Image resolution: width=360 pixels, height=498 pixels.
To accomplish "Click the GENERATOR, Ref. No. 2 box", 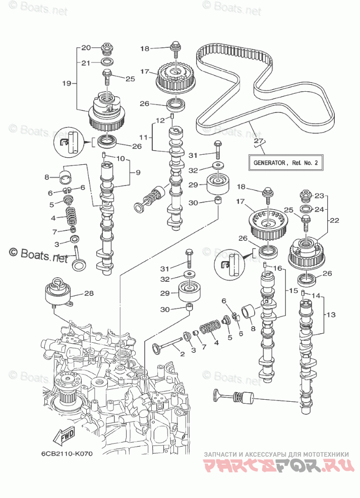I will point(285,163).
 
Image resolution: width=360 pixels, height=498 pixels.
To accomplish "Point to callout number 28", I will point(89,293).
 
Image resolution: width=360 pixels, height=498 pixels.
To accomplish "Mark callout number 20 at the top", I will point(86,47).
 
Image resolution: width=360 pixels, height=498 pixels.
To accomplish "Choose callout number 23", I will point(320,196).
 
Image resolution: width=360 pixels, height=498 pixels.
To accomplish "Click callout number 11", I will point(143,137).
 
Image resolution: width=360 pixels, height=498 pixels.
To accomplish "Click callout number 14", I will point(316,295).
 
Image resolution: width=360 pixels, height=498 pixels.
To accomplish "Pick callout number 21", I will point(86,63).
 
